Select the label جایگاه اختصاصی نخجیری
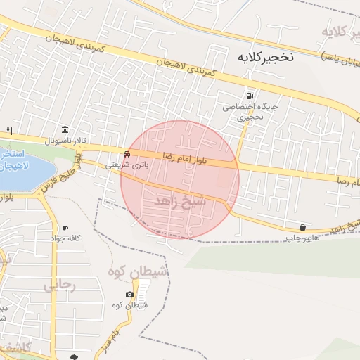point(243,112)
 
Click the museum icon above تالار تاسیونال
point(65,129)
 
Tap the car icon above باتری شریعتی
point(127,153)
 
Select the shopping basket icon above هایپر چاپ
point(302,227)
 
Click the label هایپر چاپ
point(298,238)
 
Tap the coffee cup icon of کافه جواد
point(65,228)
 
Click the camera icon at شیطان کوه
point(129,294)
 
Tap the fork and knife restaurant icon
point(9,131)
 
